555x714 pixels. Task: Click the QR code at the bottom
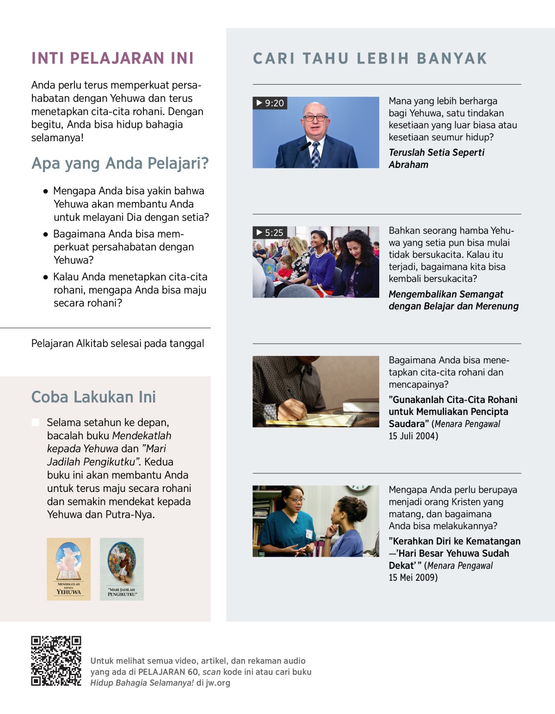tap(56, 661)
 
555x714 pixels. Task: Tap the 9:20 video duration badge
tap(270, 103)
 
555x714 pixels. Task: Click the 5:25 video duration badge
tap(270, 233)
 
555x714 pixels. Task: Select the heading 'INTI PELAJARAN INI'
tap(112, 58)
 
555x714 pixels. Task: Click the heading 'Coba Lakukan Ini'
tap(93, 397)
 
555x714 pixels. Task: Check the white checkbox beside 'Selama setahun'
tap(36, 422)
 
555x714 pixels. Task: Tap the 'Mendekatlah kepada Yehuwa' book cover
tap(68, 569)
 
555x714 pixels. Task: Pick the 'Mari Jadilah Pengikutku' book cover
tap(122, 569)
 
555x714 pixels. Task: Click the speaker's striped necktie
tap(316, 155)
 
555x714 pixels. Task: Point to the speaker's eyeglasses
tap(315, 118)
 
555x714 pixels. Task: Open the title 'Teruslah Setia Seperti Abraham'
tap(436, 158)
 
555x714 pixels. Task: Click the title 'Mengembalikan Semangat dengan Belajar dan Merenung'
tap(453, 300)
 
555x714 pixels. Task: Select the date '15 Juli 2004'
tap(413, 436)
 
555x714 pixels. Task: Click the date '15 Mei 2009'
tap(413, 577)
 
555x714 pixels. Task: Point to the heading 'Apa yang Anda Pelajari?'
tap(120, 163)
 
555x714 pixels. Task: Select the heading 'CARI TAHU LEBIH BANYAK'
tap(370, 58)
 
